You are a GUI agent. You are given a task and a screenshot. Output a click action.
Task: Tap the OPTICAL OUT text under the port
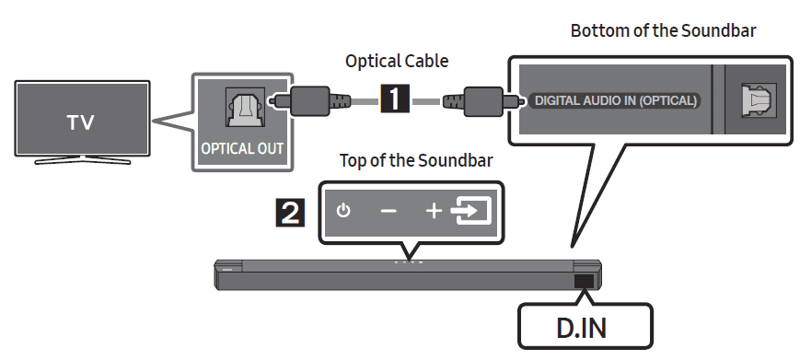(x=243, y=147)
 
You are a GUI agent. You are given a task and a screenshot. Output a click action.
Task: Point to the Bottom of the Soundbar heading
(x=663, y=29)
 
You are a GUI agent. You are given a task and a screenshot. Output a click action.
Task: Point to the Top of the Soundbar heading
(x=416, y=159)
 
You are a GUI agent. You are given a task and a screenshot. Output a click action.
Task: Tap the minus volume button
(x=388, y=212)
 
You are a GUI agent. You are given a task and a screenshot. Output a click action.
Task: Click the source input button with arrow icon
(x=471, y=212)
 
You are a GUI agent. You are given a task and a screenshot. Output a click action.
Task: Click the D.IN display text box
(x=585, y=326)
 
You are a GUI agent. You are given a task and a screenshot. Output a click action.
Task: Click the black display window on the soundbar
(x=584, y=283)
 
